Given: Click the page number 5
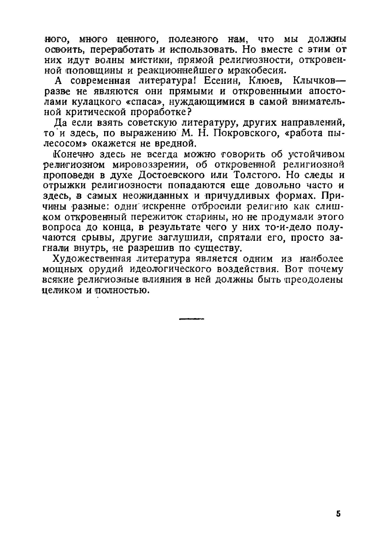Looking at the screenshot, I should click(339, 513).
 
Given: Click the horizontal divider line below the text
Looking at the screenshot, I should click(191, 319).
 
